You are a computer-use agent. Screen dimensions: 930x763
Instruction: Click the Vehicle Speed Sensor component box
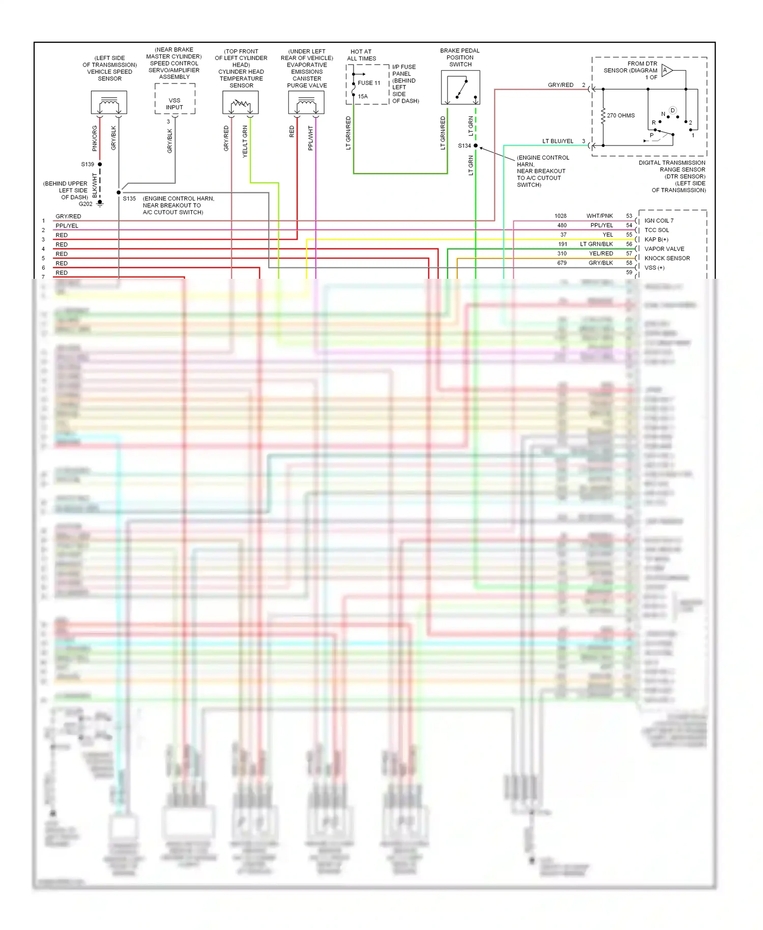pyautogui.click(x=109, y=103)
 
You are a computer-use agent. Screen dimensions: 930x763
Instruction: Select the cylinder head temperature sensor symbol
pyautogui.click(x=241, y=103)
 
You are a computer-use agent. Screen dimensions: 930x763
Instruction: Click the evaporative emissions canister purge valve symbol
pyautogui.click(x=306, y=103)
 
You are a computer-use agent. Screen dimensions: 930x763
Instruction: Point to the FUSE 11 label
pyautogui.click(x=369, y=83)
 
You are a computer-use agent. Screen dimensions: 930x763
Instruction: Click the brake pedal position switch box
pyautogui.click(x=460, y=88)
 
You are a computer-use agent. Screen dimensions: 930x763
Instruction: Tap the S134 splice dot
pyautogui.click(x=476, y=146)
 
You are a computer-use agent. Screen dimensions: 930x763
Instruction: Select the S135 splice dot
pyautogui.click(x=119, y=192)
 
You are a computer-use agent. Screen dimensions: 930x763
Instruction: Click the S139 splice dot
pyautogui.click(x=100, y=164)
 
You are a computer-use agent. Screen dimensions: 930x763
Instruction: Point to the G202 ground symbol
pyautogui.click(x=100, y=204)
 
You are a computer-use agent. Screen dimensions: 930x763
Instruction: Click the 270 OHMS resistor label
pyautogui.click(x=621, y=115)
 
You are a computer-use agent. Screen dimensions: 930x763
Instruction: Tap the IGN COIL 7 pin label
pyautogui.click(x=659, y=221)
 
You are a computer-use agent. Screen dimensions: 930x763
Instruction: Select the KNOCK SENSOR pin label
pyautogui.click(x=667, y=258)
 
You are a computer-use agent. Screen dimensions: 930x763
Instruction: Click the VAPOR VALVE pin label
pyautogui.click(x=664, y=249)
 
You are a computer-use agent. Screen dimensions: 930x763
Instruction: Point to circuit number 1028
pyautogui.click(x=560, y=216)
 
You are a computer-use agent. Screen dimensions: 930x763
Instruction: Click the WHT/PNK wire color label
pyautogui.click(x=599, y=216)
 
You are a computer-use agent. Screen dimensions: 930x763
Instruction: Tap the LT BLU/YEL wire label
pyautogui.click(x=557, y=141)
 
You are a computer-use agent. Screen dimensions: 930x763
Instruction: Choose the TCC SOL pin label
pyautogui.click(x=656, y=230)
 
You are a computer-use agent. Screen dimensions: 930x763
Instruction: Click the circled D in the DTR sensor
pyautogui.click(x=672, y=110)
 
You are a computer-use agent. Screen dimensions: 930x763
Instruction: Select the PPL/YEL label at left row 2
pyautogui.click(x=67, y=226)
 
